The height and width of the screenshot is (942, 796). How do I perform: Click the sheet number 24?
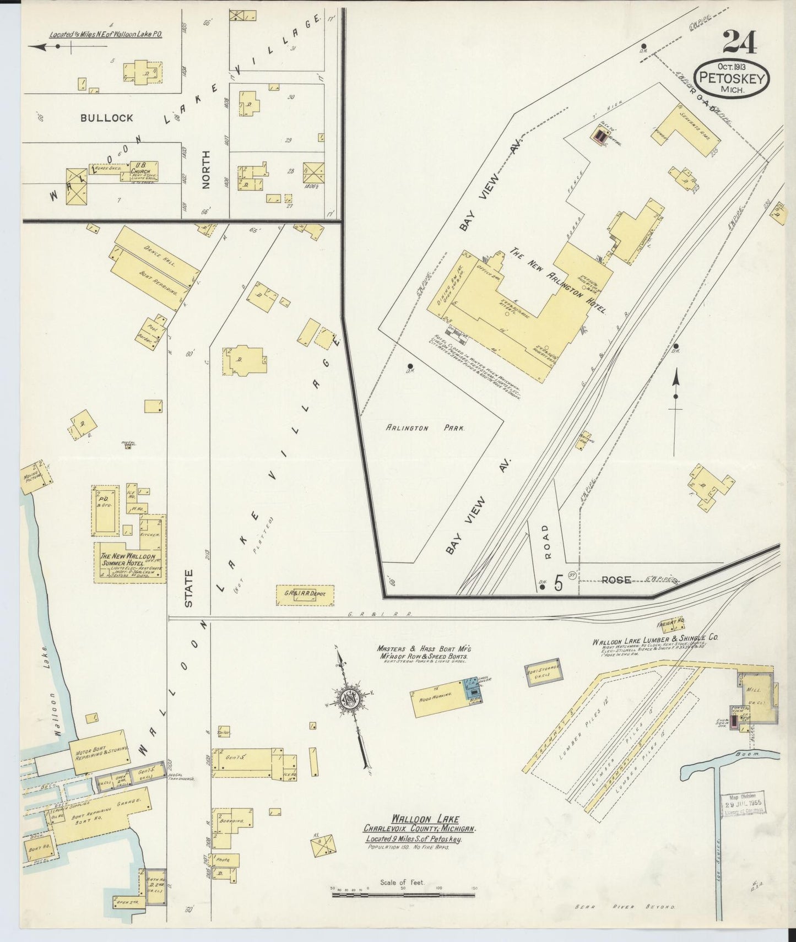740,42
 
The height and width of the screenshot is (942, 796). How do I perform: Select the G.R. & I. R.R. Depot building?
305,594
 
